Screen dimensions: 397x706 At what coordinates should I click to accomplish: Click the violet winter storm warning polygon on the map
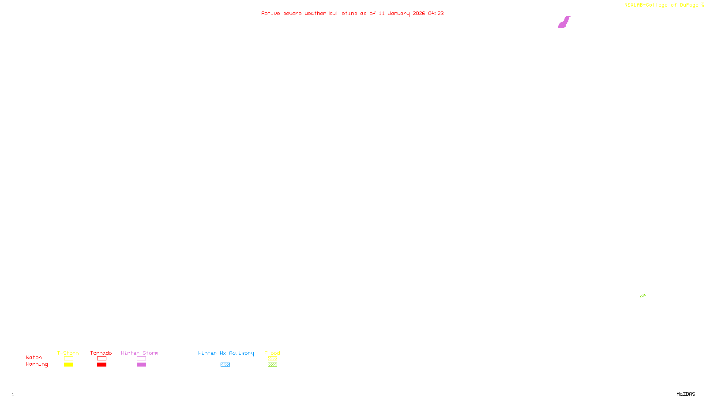tap(563, 22)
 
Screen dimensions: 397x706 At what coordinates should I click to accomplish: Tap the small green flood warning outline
tap(642, 296)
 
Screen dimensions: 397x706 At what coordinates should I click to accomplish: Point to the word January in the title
tap(398, 13)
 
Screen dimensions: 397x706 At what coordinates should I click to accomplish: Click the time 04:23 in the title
tap(436, 13)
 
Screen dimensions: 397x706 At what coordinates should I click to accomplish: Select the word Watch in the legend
tap(34, 358)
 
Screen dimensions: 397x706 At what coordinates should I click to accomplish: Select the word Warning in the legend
tap(37, 364)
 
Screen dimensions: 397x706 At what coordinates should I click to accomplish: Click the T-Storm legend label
tap(68, 353)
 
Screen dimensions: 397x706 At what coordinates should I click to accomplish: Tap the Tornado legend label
tap(101, 353)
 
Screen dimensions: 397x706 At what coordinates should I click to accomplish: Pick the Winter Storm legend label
tap(139, 353)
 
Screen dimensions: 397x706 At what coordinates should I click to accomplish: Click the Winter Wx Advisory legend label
tap(226, 353)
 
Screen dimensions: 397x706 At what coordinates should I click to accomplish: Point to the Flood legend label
tap(272, 353)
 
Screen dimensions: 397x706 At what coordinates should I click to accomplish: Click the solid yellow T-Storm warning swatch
tap(68, 365)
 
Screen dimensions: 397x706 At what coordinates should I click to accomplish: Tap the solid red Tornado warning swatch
tap(101, 365)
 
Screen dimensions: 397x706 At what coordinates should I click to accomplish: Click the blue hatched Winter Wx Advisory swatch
tap(225, 365)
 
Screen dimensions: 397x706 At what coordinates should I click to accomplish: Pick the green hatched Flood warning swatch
tap(272, 365)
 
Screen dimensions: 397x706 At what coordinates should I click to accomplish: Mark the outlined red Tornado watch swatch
tap(101, 359)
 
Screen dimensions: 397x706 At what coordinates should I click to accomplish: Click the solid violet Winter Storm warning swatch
tap(141, 365)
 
